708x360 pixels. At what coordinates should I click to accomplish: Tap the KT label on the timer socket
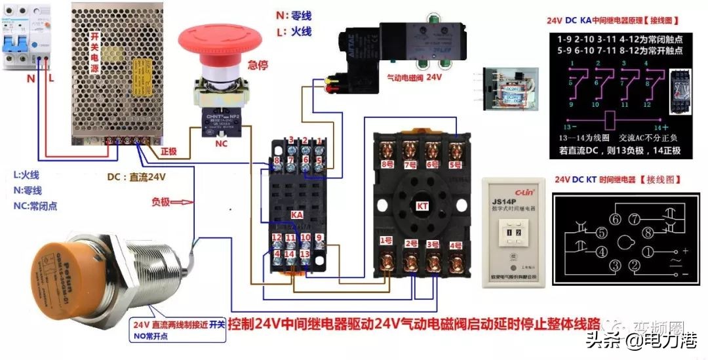(x=423, y=206)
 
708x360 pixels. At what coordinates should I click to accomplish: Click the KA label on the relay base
(x=296, y=214)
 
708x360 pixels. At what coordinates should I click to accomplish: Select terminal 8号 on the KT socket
(x=389, y=164)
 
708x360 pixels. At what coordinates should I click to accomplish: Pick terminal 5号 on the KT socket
(x=454, y=164)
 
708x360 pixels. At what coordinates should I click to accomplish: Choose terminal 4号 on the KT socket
(x=455, y=245)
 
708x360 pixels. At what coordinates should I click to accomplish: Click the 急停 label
(x=257, y=65)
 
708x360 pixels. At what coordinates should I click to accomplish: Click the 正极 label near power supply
(x=168, y=150)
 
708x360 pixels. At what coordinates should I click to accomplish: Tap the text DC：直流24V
(x=136, y=176)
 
